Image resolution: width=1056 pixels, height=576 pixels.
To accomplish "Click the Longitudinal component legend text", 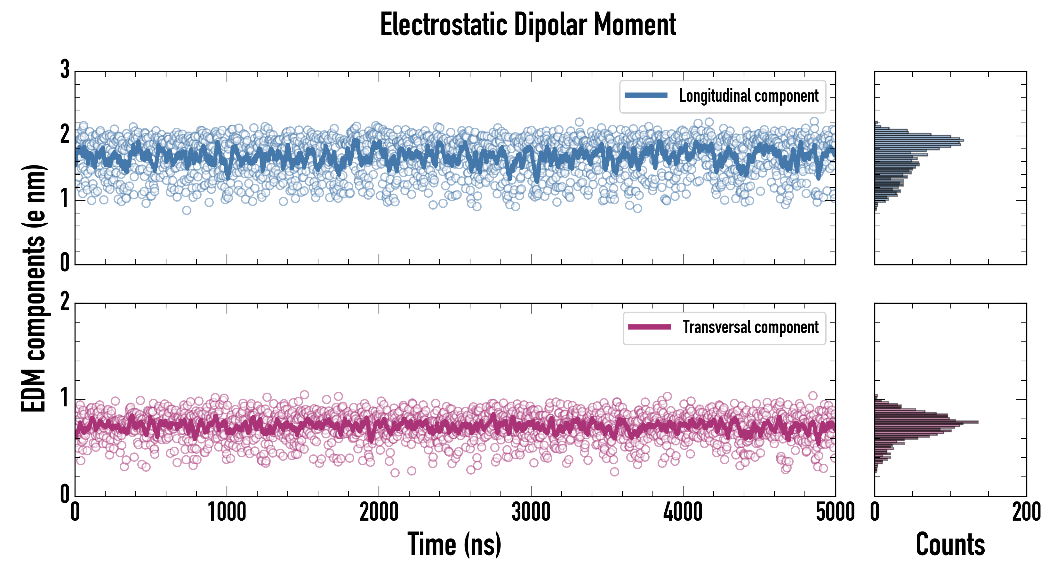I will point(748,96).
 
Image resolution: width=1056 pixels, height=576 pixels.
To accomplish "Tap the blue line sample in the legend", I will point(646,96).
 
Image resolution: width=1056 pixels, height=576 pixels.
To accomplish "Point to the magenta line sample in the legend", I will point(649,327).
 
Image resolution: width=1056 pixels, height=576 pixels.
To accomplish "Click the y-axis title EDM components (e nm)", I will point(34,288).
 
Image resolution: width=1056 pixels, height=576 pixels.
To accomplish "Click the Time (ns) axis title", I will point(454,544).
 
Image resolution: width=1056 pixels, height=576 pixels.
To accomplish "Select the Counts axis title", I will point(950,544).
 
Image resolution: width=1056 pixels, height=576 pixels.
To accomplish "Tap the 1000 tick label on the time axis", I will point(227,512).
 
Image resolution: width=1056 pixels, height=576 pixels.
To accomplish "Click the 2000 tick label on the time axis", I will point(379,512).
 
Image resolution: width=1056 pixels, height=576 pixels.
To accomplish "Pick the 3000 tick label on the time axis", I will point(531,512).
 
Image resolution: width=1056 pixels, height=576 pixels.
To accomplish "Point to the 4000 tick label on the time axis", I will point(683,512).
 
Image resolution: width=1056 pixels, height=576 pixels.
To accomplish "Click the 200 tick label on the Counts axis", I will point(1026,512).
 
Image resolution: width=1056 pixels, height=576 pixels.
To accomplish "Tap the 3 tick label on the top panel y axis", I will point(65,70).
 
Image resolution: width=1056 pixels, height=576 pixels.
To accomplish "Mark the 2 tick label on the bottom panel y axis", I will point(65,302).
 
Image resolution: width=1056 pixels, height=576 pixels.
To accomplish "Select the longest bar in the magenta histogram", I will point(926,422).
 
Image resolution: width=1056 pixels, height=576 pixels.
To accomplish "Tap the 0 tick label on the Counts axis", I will point(875,512).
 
